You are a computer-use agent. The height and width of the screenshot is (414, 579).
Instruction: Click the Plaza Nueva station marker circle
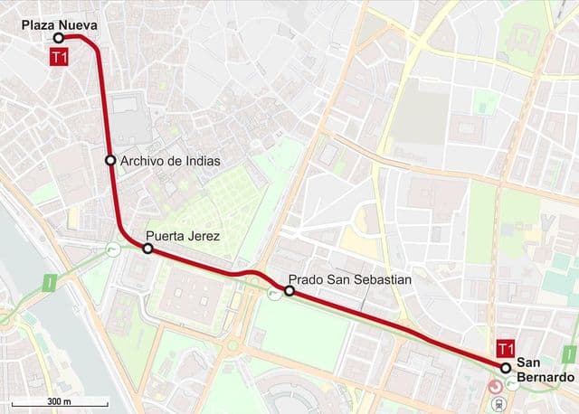pyautogui.click(x=58, y=38)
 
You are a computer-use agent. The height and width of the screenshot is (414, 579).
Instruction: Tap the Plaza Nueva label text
pyautogui.click(x=59, y=24)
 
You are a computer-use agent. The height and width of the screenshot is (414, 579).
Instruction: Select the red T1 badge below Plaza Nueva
pyautogui.click(x=60, y=58)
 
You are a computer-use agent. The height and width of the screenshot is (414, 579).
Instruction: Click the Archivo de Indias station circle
pyautogui.click(x=110, y=161)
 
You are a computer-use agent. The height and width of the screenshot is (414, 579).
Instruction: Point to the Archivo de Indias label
pyautogui.click(x=169, y=161)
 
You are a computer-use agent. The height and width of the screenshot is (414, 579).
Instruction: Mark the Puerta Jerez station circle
pyautogui.click(x=147, y=249)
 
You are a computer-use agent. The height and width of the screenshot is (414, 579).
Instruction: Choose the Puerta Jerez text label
pyautogui.click(x=189, y=237)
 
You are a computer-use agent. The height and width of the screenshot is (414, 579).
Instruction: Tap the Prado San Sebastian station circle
pyautogui.click(x=289, y=291)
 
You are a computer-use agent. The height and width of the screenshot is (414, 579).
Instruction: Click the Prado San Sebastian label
pyautogui.click(x=349, y=280)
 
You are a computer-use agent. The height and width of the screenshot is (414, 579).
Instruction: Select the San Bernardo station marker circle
pyautogui.click(x=505, y=367)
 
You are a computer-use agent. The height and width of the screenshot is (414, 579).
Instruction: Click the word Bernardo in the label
pyautogui.click(x=546, y=377)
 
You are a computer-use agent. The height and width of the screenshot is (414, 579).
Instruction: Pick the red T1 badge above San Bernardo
pyautogui.click(x=506, y=349)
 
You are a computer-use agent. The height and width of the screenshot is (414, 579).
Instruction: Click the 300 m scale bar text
pyautogui.click(x=60, y=401)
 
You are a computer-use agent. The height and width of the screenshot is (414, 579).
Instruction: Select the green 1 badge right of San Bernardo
pyautogui.click(x=568, y=353)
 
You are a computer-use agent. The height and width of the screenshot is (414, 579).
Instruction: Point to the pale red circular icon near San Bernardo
pyautogui.click(x=496, y=386)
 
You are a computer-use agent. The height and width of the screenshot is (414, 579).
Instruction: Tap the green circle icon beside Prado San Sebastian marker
pyautogui.click(x=274, y=293)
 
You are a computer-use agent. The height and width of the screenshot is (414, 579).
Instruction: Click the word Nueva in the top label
pyautogui.click(x=78, y=24)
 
